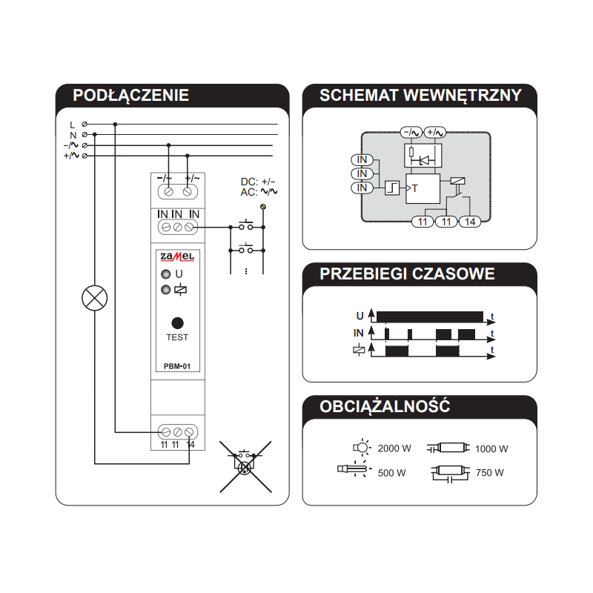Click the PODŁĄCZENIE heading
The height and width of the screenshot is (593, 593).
pos(131,96)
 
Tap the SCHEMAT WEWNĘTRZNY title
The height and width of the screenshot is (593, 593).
pos(420,96)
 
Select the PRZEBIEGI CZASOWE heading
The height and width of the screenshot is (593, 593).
pos(407,274)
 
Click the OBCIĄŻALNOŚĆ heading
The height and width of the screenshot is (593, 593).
pos(385,406)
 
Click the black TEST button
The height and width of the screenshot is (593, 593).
pos(177,323)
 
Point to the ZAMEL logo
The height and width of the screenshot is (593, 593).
pos(177,256)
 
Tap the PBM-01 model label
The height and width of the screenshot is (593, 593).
pos(177,366)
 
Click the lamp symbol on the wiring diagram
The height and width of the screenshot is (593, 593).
pos(95,298)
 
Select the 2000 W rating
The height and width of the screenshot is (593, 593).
pos(394,448)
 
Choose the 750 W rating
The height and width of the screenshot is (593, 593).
pos(490,473)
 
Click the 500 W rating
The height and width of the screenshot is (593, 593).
pos(392,473)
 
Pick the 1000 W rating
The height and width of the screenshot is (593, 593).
pos(491,449)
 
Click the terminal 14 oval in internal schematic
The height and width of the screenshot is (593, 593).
pos(470,222)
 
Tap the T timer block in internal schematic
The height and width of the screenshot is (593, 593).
pos(423,188)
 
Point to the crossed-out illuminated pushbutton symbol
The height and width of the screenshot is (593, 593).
pos(245,466)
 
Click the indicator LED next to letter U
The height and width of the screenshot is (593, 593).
pos(165,274)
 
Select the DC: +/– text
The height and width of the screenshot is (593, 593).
pos(258,182)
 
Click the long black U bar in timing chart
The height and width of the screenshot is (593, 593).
pos(430,317)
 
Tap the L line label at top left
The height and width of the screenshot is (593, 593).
pos(73,125)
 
